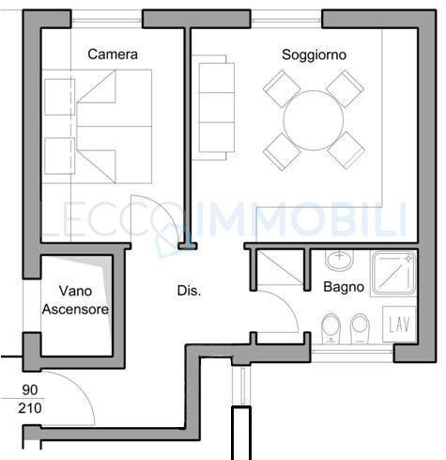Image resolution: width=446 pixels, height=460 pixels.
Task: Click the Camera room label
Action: [113, 55]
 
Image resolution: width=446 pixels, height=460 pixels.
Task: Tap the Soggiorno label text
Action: [314, 55]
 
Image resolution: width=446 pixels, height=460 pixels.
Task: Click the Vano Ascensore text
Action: [75, 300]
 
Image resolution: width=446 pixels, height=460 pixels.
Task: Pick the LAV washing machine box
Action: [400, 325]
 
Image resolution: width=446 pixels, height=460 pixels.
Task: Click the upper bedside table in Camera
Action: [58, 96]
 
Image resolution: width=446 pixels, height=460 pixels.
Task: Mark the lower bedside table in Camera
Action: [58, 155]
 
